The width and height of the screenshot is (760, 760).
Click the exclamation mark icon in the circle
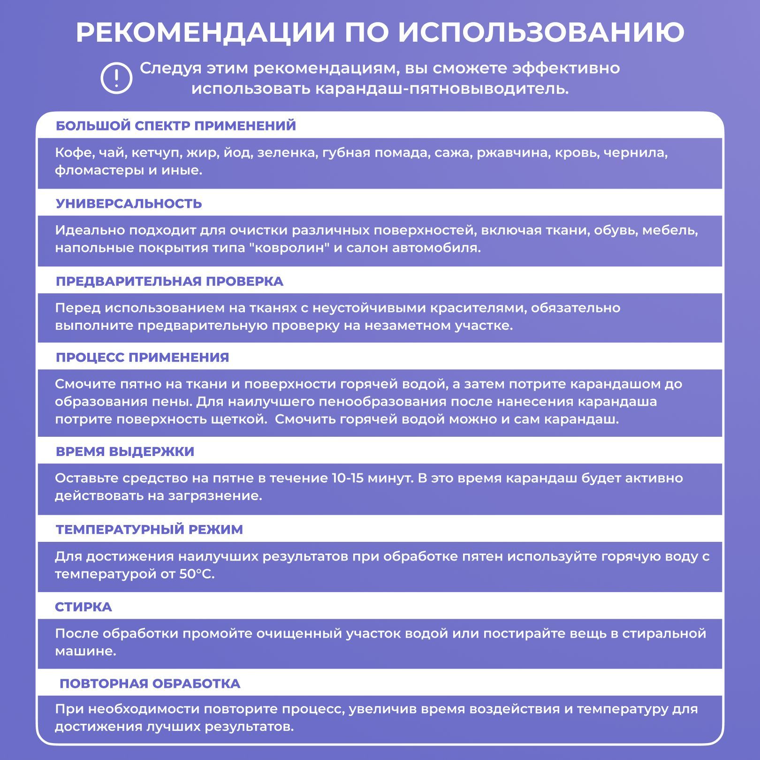pyautogui.click(x=116, y=78)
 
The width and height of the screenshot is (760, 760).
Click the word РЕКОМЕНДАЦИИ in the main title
pyautogui.click(x=205, y=32)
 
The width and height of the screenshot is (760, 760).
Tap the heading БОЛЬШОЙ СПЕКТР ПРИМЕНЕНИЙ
pyautogui.click(x=176, y=126)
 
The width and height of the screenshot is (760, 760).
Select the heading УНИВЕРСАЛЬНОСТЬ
pyautogui.click(x=129, y=204)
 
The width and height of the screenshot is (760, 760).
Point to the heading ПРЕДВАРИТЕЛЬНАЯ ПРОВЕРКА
pyautogui.click(x=169, y=281)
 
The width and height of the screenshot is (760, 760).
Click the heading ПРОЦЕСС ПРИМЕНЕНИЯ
pyautogui.click(x=142, y=357)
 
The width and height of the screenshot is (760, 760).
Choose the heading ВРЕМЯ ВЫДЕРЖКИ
pyautogui.click(x=125, y=452)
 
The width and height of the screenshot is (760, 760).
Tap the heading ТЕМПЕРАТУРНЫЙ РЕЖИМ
pyautogui.click(x=149, y=530)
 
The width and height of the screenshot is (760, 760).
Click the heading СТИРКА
pyautogui.click(x=84, y=607)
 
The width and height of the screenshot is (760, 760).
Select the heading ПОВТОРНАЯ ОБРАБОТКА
pyautogui.click(x=150, y=684)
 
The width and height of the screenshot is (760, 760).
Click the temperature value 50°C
pyautogui.click(x=196, y=574)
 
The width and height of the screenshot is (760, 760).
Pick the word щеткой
pyautogui.click(x=243, y=419)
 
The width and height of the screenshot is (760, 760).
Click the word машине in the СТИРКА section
pyautogui.click(x=85, y=652)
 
